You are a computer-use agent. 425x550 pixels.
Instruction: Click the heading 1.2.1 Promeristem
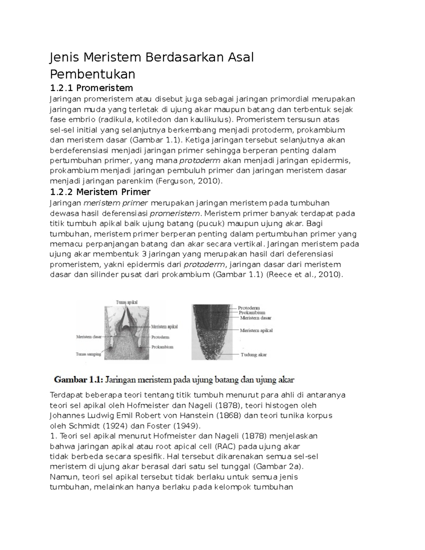click(91, 87)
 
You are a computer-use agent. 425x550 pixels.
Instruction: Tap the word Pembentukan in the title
click(92, 74)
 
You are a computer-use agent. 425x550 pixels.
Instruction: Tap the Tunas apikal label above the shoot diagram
click(126, 302)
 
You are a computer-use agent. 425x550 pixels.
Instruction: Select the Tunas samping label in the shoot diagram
click(89, 354)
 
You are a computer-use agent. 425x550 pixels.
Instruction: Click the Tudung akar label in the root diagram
click(254, 354)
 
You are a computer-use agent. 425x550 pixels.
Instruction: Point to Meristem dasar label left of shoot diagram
click(89, 337)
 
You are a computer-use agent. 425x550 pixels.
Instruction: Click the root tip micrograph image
click(212, 332)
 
